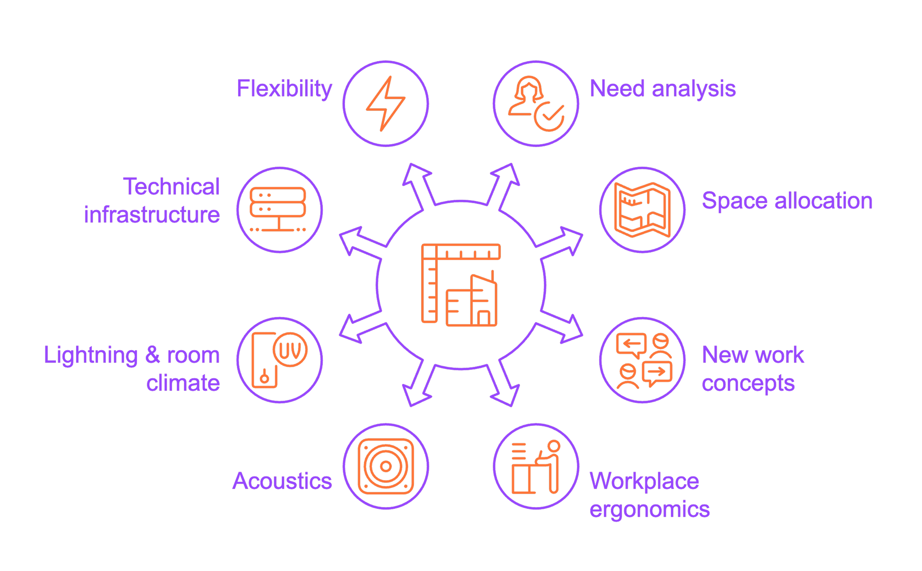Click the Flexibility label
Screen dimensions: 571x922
284,89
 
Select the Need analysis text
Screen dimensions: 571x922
663,89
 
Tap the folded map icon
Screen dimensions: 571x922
642,210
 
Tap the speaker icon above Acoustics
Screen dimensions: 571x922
386,466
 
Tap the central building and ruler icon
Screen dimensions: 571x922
461,285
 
